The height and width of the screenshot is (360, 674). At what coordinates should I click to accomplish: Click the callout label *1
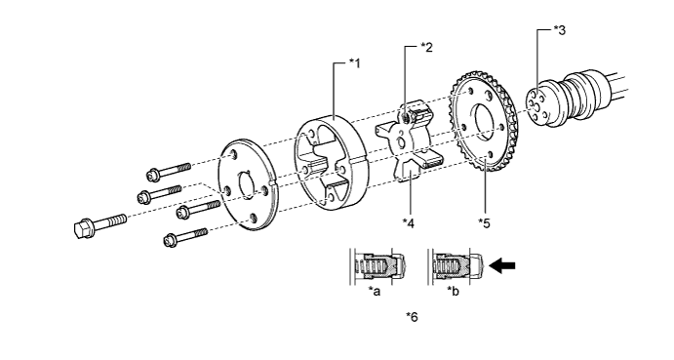tap(355, 63)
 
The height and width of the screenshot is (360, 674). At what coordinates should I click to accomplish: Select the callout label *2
tap(427, 47)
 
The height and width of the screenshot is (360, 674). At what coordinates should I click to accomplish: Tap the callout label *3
tap(560, 30)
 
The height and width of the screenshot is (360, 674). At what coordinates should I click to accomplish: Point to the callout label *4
tap(409, 223)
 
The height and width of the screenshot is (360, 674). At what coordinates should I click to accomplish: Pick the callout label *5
tap(484, 223)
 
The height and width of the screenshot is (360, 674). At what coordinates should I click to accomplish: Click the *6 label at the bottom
tap(412, 317)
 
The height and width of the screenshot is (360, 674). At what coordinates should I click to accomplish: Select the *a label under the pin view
tap(375, 292)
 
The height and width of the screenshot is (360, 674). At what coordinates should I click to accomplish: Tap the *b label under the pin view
tap(453, 292)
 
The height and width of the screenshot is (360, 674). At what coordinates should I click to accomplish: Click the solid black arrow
tap(502, 265)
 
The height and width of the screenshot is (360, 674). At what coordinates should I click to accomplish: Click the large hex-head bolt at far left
tap(100, 225)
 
